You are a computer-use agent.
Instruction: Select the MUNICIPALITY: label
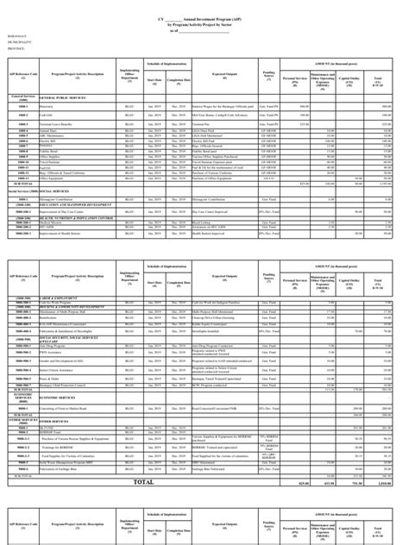19,42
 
